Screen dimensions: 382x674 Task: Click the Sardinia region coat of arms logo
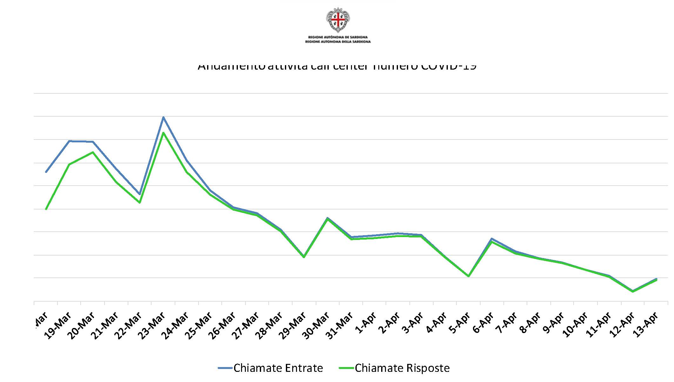point(338,20)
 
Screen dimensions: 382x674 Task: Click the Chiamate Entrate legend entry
point(271,368)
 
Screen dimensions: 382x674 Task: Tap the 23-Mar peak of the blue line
point(163,117)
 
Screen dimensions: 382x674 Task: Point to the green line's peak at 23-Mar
point(163,133)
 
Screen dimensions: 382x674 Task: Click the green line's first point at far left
point(46,209)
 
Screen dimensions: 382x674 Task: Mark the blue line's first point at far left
point(46,172)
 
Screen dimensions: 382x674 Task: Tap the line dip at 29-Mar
point(304,257)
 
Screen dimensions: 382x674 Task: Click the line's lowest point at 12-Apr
point(633,291)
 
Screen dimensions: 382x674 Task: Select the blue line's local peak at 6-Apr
point(491,238)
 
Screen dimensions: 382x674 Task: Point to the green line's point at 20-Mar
point(93,152)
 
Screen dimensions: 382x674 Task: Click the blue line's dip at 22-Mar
point(139,194)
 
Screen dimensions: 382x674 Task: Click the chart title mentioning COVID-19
point(337,66)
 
